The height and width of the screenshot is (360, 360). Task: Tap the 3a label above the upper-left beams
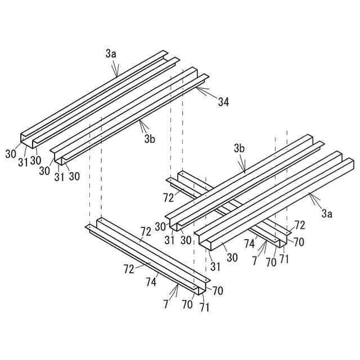point(111,54)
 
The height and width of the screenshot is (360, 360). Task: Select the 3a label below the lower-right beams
point(326,213)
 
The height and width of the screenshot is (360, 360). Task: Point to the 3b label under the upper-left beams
point(149,138)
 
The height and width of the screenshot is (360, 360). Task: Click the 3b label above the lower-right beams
point(239,148)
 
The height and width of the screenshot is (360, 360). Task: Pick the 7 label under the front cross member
point(166,304)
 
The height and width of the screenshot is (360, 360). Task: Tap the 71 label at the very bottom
point(204,308)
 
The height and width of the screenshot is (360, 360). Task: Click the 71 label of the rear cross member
point(284,260)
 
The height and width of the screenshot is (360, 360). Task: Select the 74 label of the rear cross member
point(249,243)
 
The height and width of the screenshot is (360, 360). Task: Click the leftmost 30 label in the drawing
point(11,152)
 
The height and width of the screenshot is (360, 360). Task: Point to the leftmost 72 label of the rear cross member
point(168,198)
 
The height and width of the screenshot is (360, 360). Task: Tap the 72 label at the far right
point(300,226)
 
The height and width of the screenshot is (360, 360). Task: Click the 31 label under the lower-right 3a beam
point(214,265)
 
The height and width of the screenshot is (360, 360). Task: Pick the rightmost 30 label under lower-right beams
point(232,258)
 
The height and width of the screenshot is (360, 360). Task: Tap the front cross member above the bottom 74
point(146,253)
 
